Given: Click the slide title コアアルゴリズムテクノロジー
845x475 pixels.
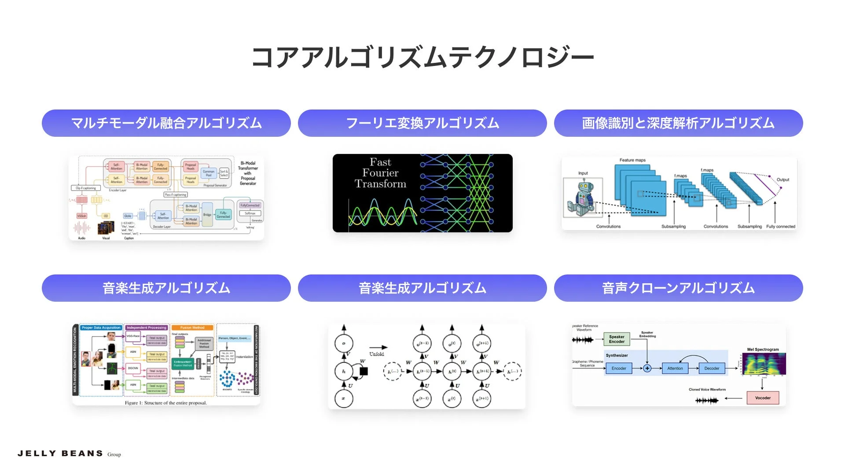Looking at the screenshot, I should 422,57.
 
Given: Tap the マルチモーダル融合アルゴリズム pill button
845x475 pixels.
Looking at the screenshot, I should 166,123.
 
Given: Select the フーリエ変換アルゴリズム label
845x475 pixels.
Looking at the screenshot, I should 422,123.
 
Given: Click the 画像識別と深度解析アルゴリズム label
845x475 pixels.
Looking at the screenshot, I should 678,123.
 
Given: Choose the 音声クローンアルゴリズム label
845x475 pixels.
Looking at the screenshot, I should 678,288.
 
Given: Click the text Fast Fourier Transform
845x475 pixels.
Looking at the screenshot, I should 380,173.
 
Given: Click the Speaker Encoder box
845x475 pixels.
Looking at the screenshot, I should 617,339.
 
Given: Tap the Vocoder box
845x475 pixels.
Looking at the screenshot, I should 763,398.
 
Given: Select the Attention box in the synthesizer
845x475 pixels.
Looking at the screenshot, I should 675,368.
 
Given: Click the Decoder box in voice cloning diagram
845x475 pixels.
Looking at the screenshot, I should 712,368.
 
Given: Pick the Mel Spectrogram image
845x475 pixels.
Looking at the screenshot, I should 764,364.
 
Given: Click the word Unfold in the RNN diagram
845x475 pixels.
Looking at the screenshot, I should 377,354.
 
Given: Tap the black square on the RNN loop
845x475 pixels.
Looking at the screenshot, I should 364,371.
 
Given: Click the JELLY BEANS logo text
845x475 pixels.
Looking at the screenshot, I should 60,453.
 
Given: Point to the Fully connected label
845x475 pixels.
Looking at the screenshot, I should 780,227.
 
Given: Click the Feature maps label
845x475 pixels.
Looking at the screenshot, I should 632,160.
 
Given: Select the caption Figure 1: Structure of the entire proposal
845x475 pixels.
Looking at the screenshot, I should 165,403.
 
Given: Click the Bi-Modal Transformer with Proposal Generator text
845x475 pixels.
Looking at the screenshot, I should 248,173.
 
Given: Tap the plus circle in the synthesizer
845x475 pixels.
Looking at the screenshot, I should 647,368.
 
